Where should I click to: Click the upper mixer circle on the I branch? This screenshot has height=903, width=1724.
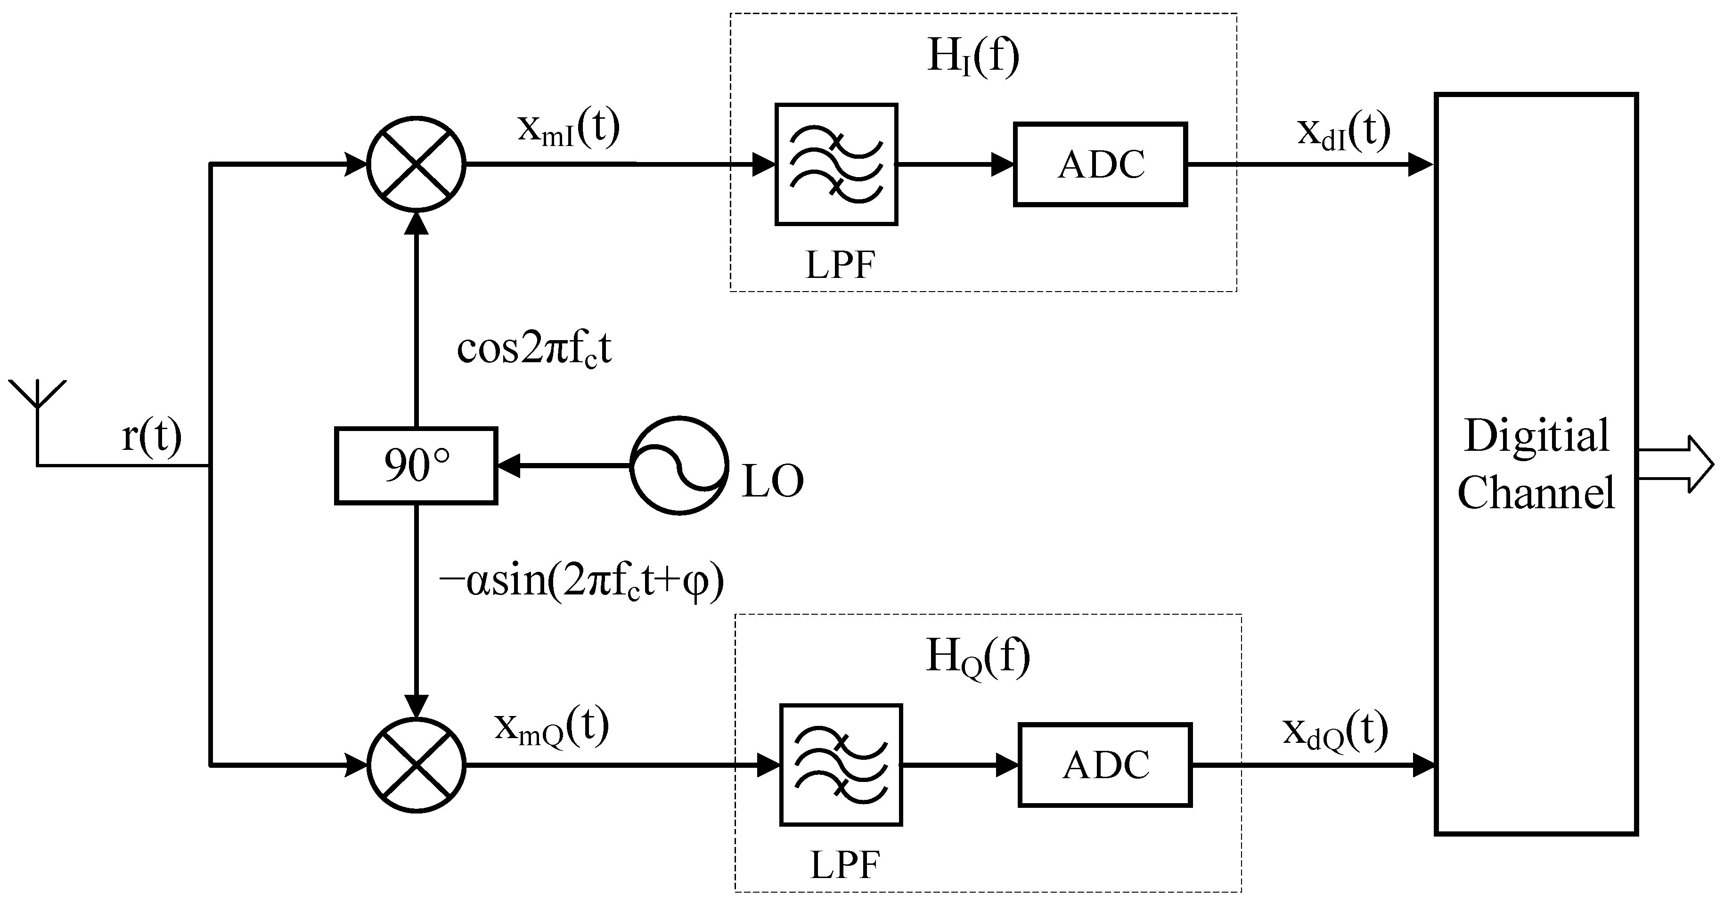tap(417, 164)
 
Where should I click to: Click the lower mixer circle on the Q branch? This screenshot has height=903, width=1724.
tap(417, 765)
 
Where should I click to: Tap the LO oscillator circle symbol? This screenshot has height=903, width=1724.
tap(679, 465)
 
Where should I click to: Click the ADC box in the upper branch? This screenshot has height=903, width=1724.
tap(1100, 164)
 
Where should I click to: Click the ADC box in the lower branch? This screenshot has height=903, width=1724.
tap(1105, 765)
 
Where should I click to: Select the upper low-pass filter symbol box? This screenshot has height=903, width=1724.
tap(836, 164)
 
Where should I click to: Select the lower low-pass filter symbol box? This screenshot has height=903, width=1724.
tap(841, 765)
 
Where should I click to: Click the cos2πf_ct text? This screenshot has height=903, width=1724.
tap(534, 349)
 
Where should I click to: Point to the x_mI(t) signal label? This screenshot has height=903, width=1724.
tap(568, 129)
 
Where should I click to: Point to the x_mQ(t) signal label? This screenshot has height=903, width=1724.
tap(551, 727)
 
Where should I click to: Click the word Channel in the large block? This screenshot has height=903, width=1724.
tap(1536, 493)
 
